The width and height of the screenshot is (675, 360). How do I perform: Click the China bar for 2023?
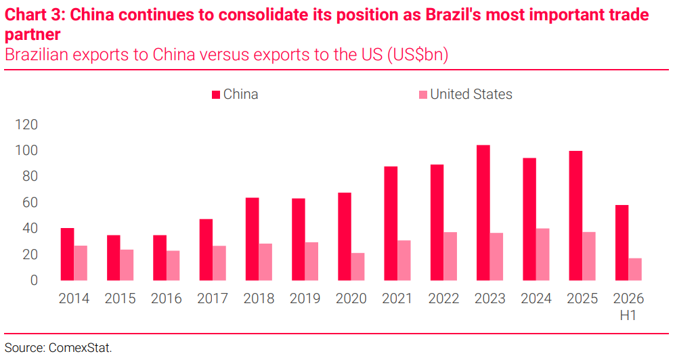pyautogui.click(x=483, y=213)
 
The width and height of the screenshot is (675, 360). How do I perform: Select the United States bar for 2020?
pyautogui.click(x=357, y=267)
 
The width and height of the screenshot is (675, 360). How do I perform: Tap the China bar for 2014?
pyautogui.click(x=67, y=254)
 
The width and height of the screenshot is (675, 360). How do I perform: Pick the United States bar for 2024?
pyautogui.click(x=542, y=254)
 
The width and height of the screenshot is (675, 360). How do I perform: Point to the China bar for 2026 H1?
pyautogui.click(x=622, y=243)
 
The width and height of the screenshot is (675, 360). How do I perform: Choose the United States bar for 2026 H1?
pyautogui.click(x=635, y=269)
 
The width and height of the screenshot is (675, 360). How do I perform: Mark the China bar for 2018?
pyautogui.click(x=253, y=239)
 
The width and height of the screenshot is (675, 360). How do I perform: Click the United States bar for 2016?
pyautogui.click(x=173, y=266)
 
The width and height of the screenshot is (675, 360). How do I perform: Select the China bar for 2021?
pyautogui.click(x=391, y=224)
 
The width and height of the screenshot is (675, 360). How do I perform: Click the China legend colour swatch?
pyautogui.click(x=216, y=95)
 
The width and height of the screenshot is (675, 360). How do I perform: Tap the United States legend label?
pyautogui.click(x=471, y=94)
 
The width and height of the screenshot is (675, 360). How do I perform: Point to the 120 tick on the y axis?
pyautogui.click(x=26, y=125)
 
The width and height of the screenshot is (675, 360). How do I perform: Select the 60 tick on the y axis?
pyautogui.click(x=30, y=202)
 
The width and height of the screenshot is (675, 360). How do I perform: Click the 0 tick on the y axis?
pyautogui.click(x=34, y=280)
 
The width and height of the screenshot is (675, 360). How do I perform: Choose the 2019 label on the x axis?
pyautogui.click(x=305, y=298)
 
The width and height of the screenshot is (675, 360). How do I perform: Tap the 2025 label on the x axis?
pyautogui.click(x=582, y=298)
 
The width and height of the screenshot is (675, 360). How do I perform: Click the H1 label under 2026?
pyautogui.click(x=628, y=316)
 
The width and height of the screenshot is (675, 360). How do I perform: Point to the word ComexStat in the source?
pyautogui.click(x=80, y=348)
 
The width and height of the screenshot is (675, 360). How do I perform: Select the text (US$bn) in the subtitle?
pyautogui.click(x=418, y=55)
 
